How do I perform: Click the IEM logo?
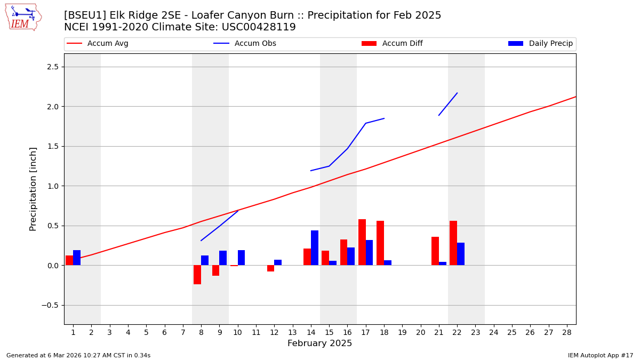pos(23,17)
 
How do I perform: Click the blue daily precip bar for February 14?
pos(315,248)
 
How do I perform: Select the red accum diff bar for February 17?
pos(362,242)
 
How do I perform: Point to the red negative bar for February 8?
pos(197,275)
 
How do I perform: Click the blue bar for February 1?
pos(77,258)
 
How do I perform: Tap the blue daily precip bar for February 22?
pos(461,254)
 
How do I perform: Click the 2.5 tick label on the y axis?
pos(53,67)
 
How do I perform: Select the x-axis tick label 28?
pos(567,333)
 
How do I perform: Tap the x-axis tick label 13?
pos(292,333)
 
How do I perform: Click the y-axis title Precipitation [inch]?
pos(33,189)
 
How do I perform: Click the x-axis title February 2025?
pos(319,344)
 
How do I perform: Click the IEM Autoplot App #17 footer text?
pos(601,356)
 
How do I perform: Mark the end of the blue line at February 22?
pos(457,93)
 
